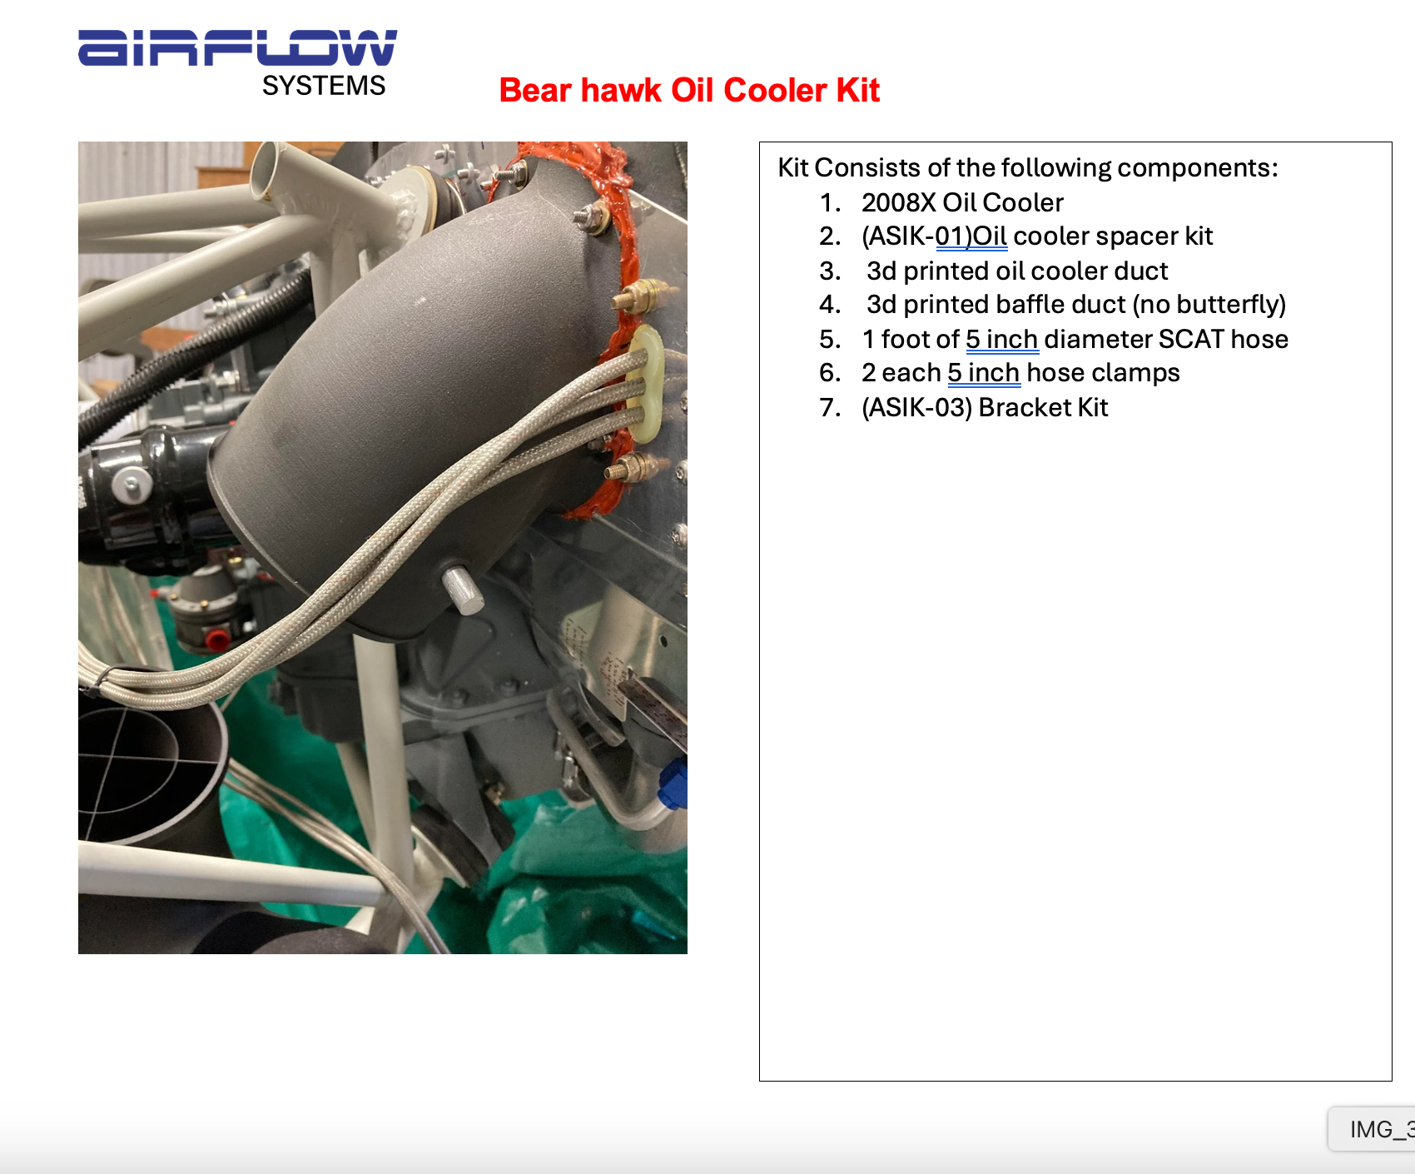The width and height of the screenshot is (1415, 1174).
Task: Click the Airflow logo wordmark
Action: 237,47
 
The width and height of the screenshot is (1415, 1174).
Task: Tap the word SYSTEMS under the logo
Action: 324,86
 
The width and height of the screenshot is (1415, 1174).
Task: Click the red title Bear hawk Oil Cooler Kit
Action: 689,90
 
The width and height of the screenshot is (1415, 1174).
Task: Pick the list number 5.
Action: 830,339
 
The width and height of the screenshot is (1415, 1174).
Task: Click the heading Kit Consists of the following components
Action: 1028,168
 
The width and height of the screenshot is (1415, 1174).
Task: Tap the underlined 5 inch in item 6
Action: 984,373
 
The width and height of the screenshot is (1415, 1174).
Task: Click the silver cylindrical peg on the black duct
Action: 462,590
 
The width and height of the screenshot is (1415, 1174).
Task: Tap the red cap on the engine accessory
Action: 217,639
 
